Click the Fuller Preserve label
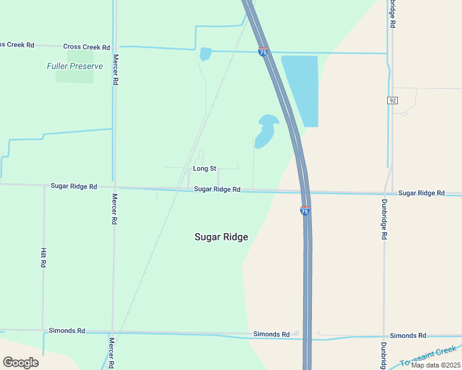75,66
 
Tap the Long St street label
204,168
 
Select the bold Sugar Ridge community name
221,237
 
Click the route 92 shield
392,100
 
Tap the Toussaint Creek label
428,356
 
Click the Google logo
20,363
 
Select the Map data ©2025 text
435,365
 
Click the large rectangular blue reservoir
301,89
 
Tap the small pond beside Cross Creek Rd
205,54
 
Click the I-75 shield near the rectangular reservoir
263,52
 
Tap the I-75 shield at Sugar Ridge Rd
304,211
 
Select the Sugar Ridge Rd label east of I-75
421,193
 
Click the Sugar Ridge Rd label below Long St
217,189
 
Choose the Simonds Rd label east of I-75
408,335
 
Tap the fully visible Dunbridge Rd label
384,219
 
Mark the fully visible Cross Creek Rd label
86,47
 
